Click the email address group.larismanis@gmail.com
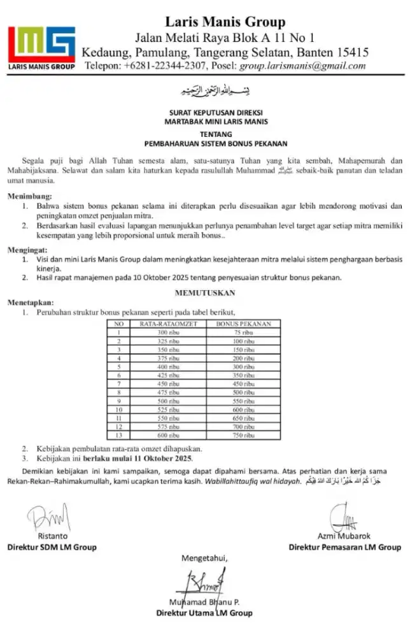(x=302, y=66)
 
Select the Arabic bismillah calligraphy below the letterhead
(x=208, y=92)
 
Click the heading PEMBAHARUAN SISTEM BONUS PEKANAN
(x=208, y=144)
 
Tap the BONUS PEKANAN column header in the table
(x=244, y=324)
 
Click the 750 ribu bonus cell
(x=244, y=434)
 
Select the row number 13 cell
(x=118, y=434)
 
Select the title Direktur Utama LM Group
(x=204, y=613)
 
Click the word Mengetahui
(x=204, y=559)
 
